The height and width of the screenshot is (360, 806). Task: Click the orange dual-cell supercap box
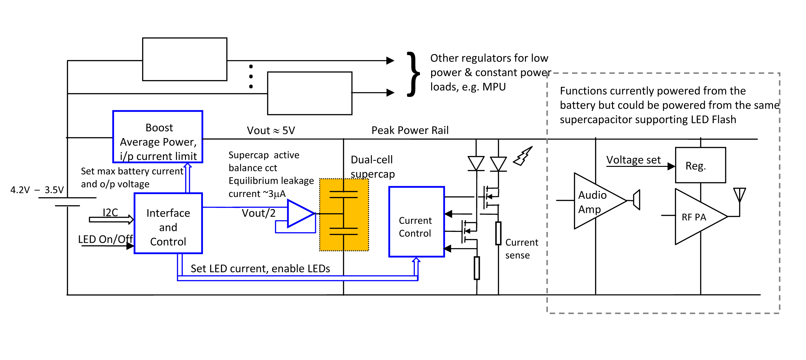(x=344, y=215)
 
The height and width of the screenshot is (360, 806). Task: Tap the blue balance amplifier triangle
(x=301, y=214)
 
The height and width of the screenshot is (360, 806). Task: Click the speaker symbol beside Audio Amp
(x=636, y=200)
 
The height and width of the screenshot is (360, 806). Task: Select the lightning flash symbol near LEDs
(x=523, y=156)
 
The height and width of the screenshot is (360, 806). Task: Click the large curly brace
(x=413, y=74)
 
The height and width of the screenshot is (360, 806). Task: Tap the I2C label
(x=110, y=212)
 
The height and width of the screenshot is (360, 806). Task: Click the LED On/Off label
(x=106, y=239)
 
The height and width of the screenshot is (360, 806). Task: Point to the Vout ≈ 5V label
(x=271, y=130)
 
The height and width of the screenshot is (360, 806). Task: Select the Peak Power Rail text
(x=410, y=130)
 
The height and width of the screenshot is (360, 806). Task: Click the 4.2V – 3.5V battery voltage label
(x=37, y=190)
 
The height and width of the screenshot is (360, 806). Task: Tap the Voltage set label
(x=633, y=160)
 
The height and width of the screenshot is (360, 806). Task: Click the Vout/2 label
(x=259, y=213)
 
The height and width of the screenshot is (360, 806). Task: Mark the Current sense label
(x=522, y=249)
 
